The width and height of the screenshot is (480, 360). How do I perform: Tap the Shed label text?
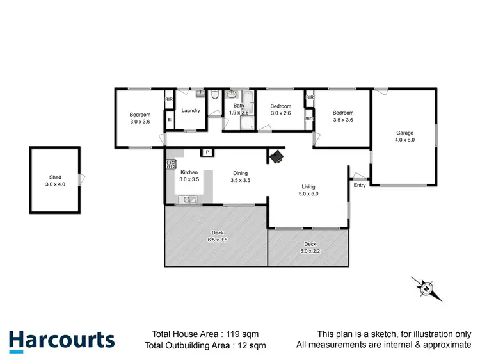pyautogui.click(x=55, y=177)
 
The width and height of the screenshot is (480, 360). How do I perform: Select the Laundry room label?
pyautogui.click(x=191, y=110)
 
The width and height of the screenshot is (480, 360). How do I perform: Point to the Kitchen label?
pyautogui.click(x=189, y=173)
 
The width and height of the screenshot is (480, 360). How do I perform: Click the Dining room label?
pyautogui.click(x=240, y=173)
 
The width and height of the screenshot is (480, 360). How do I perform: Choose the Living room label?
pyautogui.click(x=309, y=186)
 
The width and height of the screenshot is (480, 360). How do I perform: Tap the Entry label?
pyautogui.click(x=360, y=185)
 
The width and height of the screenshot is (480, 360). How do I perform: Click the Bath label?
pyautogui.click(x=238, y=106)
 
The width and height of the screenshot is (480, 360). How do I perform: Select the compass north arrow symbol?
pyautogui.click(x=426, y=288)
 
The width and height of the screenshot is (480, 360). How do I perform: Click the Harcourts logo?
pyautogui.click(x=61, y=340)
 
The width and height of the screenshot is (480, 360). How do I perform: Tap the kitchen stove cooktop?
pyautogui.click(x=171, y=163)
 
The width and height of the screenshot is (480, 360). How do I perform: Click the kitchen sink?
pyautogui.click(x=189, y=200)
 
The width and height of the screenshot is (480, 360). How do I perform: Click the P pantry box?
pyautogui.click(x=207, y=152)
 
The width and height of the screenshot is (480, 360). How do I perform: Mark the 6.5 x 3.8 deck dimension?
pyautogui.click(x=218, y=240)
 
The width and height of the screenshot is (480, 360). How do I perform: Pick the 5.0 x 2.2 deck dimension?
pyautogui.click(x=310, y=250)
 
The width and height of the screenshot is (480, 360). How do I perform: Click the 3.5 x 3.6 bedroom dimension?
pyautogui.click(x=343, y=119)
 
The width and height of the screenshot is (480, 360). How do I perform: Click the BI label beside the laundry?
pyautogui.click(x=170, y=119)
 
